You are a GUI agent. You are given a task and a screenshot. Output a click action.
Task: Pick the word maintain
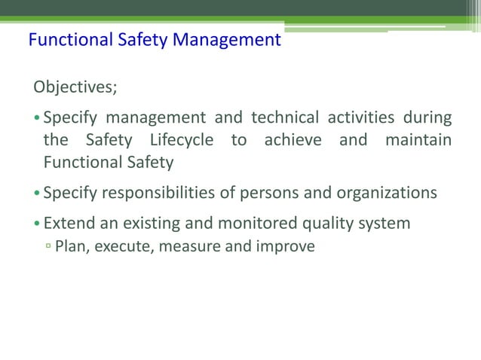coord(418,140)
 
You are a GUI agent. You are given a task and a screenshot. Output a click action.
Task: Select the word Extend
coord(67,223)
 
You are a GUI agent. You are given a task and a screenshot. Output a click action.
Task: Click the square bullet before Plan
coord(47,246)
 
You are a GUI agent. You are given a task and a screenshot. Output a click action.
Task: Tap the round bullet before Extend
coord(37,224)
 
